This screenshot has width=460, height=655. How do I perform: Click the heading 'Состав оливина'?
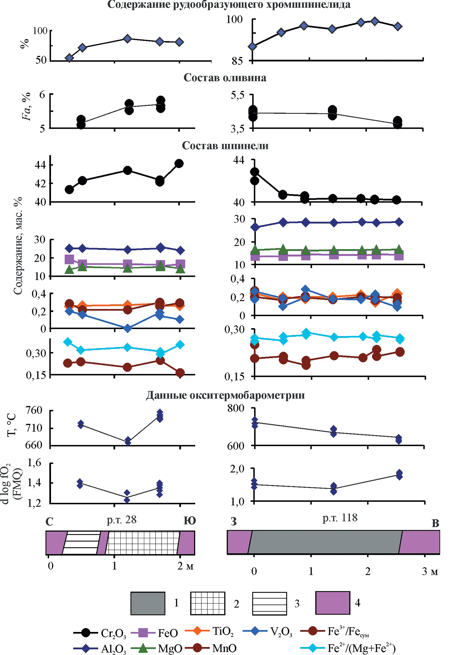[225, 78]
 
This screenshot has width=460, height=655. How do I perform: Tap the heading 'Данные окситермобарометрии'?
[225, 395]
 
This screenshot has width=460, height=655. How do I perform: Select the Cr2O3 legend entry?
[100, 633]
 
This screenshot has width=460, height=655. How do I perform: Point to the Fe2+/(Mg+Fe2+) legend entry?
[348, 648]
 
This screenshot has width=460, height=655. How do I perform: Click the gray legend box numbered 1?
[148, 603]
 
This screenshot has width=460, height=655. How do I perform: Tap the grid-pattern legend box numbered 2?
[207, 603]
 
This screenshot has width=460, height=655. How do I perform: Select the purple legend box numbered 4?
[332, 603]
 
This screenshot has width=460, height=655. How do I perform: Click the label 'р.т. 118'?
[340, 518]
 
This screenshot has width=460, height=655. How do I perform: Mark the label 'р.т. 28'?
[122, 520]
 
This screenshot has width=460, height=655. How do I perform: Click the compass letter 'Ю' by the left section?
[189, 521]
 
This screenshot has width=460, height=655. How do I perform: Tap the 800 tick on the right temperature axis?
[236, 408]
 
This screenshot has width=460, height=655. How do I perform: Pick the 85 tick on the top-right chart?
[237, 61]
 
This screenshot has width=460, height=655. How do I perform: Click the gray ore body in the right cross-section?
[325, 542]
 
